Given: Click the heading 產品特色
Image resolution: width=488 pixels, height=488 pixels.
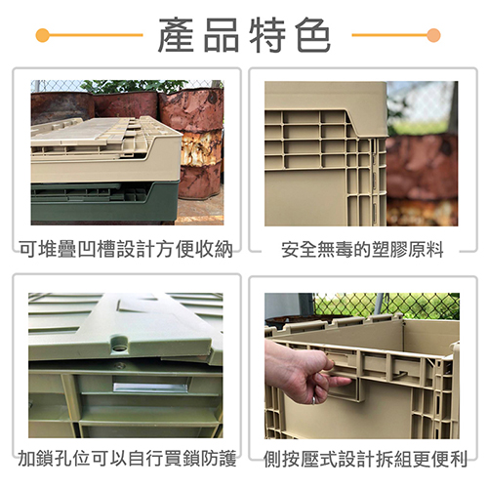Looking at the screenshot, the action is click(x=244, y=35).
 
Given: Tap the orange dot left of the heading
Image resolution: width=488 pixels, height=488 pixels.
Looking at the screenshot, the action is click(x=43, y=35).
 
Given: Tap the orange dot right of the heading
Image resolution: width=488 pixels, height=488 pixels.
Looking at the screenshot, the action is click(x=433, y=35).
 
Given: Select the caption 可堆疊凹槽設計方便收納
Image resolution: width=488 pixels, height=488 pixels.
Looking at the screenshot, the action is click(x=126, y=250).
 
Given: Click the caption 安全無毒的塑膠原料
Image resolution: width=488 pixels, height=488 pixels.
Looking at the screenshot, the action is click(x=362, y=250).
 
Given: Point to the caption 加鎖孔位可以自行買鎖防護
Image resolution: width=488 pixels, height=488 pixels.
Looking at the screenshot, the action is click(x=127, y=458).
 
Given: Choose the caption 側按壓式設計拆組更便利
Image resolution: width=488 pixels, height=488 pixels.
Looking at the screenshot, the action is click(x=365, y=459).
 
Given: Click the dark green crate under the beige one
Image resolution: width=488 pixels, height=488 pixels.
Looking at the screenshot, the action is click(x=104, y=202).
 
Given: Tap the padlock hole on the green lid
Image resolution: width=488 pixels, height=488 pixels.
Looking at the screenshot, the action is click(x=119, y=349).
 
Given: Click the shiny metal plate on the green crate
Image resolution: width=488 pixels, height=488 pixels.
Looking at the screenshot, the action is click(x=150, y=387).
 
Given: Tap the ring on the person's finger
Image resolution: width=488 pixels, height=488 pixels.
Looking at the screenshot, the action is click(x=314, y=400).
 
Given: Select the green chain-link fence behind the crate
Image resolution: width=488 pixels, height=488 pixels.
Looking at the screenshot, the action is click(x=386, y=305).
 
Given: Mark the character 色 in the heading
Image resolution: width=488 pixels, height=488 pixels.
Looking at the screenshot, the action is click(x=313, y=35).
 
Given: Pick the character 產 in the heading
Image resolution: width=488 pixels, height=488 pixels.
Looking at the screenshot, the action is click(x=176, y=35).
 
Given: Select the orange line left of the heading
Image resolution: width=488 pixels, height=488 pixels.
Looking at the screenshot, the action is click(x=96, y=35).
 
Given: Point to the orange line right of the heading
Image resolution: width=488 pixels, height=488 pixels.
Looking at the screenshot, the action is click(x=389, y=35).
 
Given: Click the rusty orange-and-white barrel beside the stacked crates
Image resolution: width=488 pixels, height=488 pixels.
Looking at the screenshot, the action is click(x=201, y=143).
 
